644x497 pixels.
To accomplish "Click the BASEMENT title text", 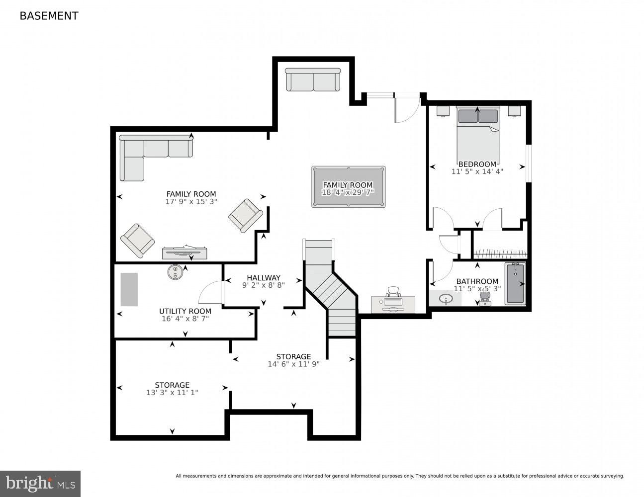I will coord(49,16).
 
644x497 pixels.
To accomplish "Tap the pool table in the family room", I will coord(348,186).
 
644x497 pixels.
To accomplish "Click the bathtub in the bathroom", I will coord(515,284).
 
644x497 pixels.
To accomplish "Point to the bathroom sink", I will coord(446,299).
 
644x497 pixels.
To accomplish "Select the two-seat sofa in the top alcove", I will coord(313,80).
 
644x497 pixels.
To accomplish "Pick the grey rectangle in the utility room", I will coord(129,289).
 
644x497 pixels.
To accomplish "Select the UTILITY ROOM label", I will coord(185,311).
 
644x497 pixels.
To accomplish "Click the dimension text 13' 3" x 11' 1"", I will coord(172,393).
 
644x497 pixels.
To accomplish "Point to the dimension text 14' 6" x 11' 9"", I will coord(293,364).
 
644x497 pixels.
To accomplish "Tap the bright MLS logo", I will coord(40,483).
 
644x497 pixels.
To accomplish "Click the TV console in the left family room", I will coord(184,253).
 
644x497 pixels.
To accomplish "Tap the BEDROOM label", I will coord(477,164).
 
